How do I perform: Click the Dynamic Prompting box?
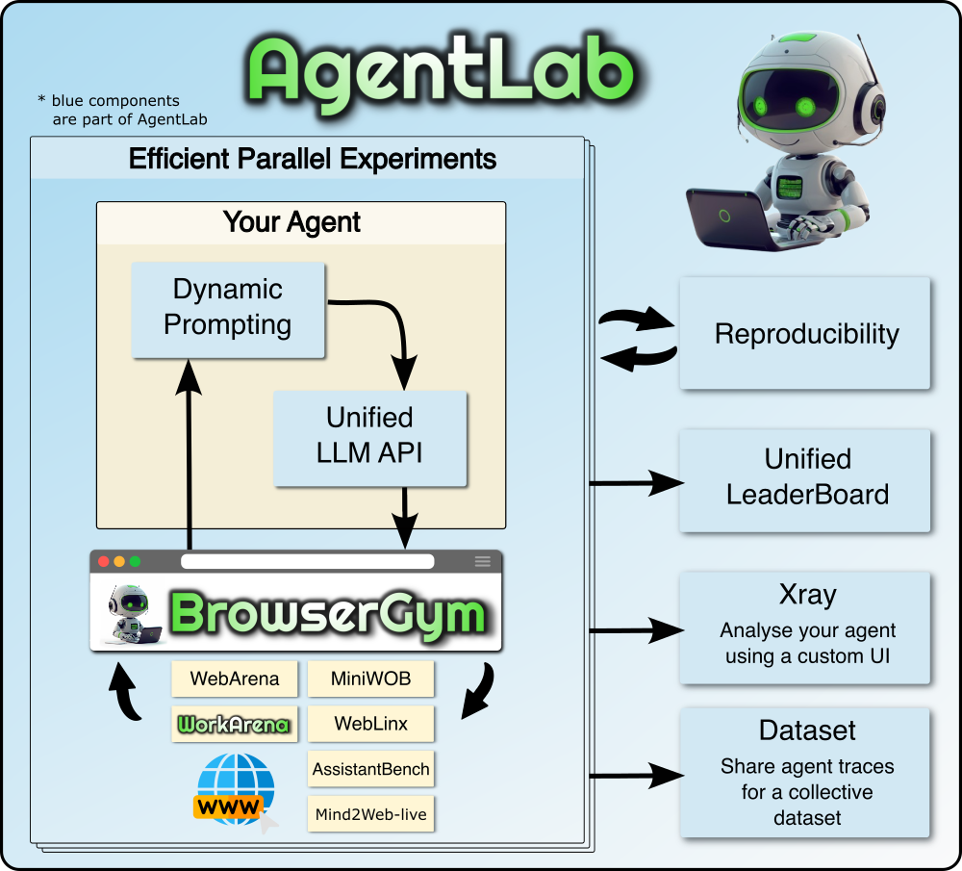pyautogui.click(x=228, y=308)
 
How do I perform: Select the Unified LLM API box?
pyautogui.click(x=370, y=436)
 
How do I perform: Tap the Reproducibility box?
pyautogui.click(x=805, y=333)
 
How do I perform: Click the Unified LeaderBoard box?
pyautogui.click(x=805, y=478)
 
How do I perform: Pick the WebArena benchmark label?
pyautogui.click(x=235, y=679)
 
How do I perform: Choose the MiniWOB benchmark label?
pyautogui.click(x=370, y=679)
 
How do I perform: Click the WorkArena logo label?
pyautogui.click(x=235, y=724)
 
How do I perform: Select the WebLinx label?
pyautogui.click(x=370, y=724)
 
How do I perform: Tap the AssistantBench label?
pyautogui.click(x=370, y=769)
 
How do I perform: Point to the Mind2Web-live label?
pyautogui.click(x=370, y=815)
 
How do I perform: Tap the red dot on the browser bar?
pyautogui.click(x=103, y=561)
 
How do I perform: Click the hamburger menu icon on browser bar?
pyautogui.click(x=482, y=561)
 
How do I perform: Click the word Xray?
pyautogui.click(x=807, y=595)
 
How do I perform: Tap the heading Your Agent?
pyautogui.click(x=291, y=222)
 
